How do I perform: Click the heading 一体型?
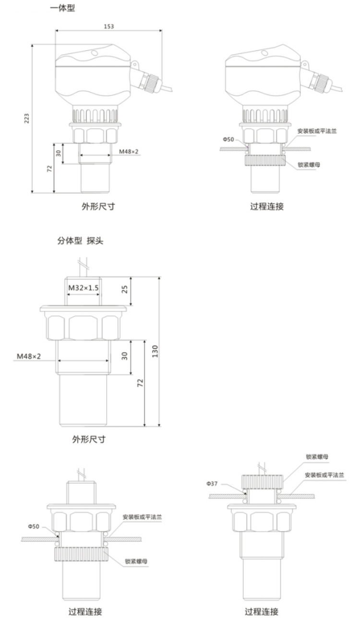point(62,8)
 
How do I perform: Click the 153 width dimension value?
point(108,26)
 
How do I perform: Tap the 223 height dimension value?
point(27,118)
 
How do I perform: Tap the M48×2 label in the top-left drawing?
point(129,152)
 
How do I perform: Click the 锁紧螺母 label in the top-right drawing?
point(309,164)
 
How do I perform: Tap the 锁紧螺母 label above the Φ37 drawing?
point(317,457)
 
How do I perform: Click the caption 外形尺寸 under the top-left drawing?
point(97,207)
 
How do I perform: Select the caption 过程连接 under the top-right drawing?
point(267,207)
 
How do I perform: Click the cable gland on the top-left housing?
point(148,81)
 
